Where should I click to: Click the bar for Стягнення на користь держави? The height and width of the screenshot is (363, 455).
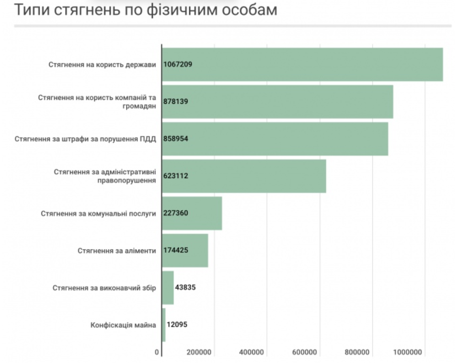tap(302, 64)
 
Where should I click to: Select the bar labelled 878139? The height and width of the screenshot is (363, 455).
tap(278, 101)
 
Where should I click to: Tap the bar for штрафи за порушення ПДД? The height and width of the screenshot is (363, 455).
tap(275, 139)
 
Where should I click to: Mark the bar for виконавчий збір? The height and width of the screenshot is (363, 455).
tap(168, 288)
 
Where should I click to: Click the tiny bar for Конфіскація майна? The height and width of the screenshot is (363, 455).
tap(164, 325)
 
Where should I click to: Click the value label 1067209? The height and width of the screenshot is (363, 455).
tap(178, 64)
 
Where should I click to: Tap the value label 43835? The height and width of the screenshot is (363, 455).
tap(186, 287)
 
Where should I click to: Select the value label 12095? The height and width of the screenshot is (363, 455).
tap(177, 324)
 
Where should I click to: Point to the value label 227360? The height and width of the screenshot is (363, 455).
tap(176, 213)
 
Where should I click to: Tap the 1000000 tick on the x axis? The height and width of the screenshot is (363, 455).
tap(409, 352)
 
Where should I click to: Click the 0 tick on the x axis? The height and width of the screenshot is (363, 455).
tap(157, 352)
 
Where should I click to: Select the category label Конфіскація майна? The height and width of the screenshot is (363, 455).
tap(123, 325)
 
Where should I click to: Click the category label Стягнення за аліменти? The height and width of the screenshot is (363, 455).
tap(117, 251)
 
